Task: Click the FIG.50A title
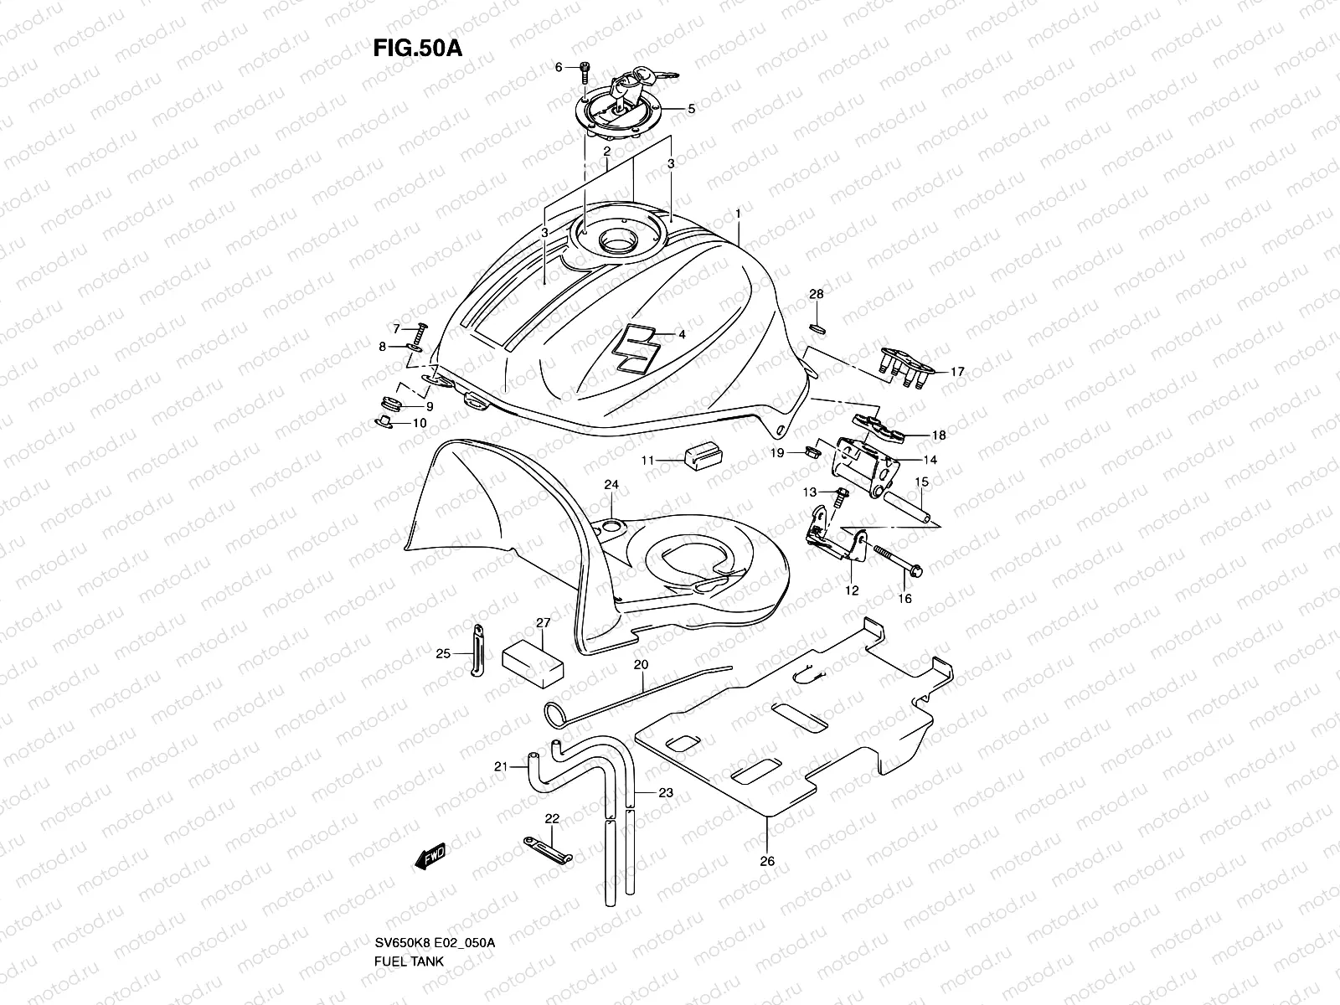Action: [417, 48]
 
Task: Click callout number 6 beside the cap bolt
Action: [558, 67]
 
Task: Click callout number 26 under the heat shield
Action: [767, 860]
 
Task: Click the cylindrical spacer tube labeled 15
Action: [908, 508]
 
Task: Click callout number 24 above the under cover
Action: [611, 485]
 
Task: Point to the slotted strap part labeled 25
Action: [477, 654]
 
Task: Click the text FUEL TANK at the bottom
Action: [410, 914]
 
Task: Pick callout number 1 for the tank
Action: [738, 214]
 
